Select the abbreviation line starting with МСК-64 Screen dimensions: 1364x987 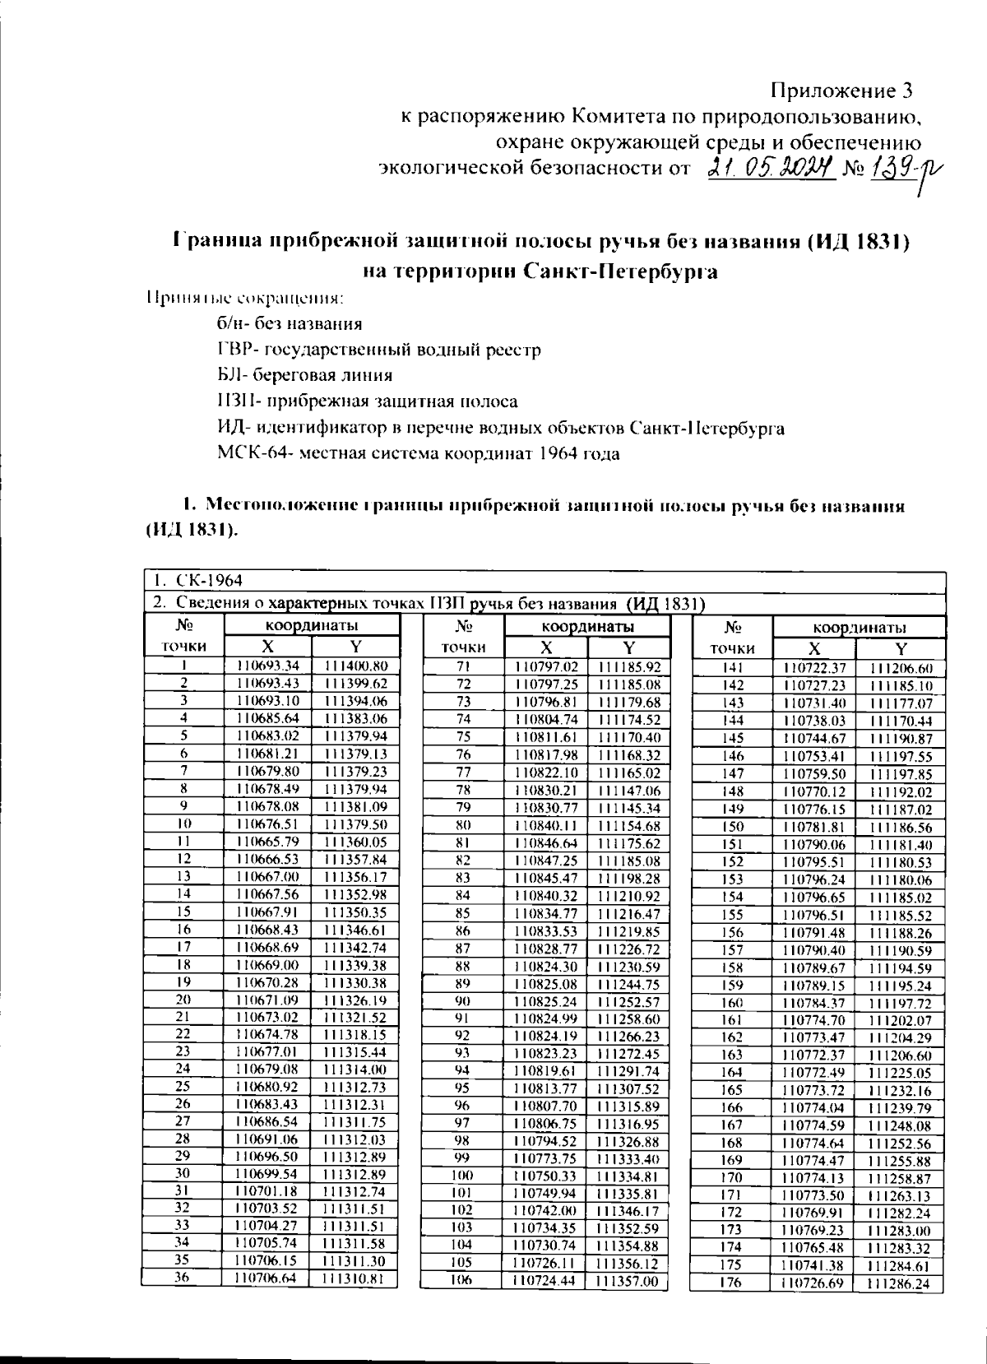point(419,453)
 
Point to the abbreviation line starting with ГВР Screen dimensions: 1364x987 point(379,350)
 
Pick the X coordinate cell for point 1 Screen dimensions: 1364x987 point(268,666)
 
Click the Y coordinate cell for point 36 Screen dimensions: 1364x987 point(354,1278)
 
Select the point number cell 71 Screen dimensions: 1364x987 point(463,666)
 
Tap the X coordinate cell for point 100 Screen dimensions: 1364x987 point(544,1176)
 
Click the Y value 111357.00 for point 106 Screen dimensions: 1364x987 point(628,1281)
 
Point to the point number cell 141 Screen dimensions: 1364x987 point(732,668)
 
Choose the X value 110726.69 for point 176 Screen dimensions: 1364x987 point(812,1283)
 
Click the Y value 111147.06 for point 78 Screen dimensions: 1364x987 point(629,790)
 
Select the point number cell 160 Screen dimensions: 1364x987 point(732,1003)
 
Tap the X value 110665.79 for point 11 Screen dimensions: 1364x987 point(267,842)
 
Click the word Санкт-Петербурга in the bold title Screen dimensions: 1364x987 point(621,271)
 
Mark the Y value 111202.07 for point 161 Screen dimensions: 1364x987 point(901,1020)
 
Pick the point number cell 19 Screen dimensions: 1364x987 point(183,981)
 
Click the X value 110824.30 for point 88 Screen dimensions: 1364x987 point(545,966)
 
